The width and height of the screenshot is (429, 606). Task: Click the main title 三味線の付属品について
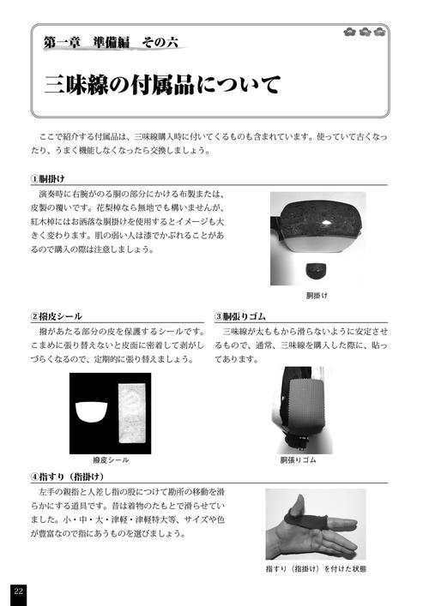162,86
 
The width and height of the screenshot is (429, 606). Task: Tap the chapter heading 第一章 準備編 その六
112,43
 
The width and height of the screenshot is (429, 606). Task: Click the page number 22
18,590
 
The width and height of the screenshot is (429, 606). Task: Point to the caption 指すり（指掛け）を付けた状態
314,567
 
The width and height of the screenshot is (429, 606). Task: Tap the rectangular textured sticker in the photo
130,415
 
